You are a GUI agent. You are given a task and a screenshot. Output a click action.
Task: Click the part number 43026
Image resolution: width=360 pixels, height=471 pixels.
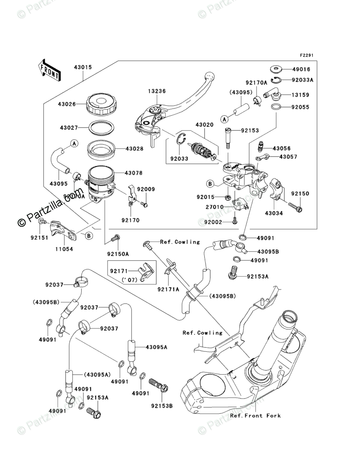(66, 104)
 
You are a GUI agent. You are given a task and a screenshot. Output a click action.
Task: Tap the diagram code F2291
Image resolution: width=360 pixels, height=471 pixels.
(306, 55)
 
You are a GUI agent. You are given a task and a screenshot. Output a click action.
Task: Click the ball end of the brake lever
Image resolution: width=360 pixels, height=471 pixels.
(209, 76)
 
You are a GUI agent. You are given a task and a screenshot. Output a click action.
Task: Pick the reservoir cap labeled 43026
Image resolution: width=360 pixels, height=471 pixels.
(102, 104)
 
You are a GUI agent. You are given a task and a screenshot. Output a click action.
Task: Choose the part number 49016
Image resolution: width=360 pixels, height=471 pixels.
(302, 69)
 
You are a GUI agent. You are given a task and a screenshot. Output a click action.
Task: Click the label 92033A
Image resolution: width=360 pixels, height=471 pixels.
(302, 80)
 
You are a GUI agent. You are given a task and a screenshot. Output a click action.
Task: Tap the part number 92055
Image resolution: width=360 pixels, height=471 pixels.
(302, 107)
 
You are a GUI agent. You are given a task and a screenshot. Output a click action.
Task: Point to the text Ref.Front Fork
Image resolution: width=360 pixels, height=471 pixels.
(255, 415)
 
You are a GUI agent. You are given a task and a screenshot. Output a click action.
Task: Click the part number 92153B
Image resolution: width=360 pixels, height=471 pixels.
(162, 406)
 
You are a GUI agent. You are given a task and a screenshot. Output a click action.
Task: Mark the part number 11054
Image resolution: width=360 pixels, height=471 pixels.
(64, 249)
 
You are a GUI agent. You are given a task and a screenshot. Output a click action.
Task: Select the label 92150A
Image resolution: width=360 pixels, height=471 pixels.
(118, 254)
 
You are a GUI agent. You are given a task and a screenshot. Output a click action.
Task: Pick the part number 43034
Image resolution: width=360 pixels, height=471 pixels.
(273, 213)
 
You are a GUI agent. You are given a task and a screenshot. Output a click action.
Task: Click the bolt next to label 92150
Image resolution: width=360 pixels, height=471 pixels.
(298, 209)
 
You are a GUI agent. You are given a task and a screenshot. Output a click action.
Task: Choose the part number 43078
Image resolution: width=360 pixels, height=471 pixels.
(134, 173)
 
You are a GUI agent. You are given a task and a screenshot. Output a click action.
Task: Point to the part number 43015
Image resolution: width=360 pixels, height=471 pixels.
(83, 67)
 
